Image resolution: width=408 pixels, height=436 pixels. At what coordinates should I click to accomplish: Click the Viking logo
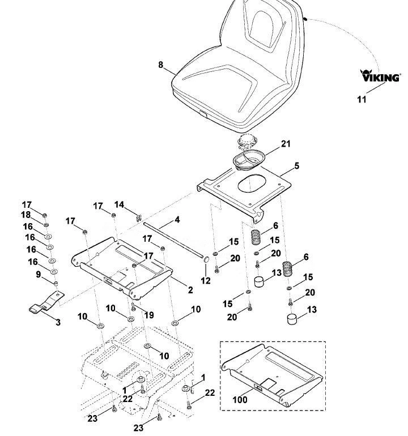click(380, 76)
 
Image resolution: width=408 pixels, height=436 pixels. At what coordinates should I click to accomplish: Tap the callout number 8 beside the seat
click(160, 65)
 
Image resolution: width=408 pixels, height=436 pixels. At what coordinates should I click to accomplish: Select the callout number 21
click(286, 144)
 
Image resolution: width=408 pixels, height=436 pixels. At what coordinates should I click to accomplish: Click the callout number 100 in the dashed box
click(240, 400)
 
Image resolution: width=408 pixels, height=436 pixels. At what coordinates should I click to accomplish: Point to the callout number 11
click(362, 99)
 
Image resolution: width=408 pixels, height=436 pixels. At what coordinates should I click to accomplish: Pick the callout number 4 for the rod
click(177, 220)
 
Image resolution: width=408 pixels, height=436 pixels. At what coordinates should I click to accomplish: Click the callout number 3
click(58, 322)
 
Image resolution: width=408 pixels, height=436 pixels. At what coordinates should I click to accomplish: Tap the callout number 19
click(149, 315)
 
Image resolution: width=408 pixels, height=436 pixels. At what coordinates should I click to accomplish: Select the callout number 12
click(206, 280)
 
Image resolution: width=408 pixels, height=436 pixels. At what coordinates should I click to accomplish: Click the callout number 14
click(119, 204)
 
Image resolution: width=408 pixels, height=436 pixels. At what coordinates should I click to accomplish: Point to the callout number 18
click(26, 215)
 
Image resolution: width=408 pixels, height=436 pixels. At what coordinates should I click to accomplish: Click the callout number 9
click(38, 275)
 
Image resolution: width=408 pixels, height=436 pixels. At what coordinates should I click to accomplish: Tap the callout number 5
click(297, 166)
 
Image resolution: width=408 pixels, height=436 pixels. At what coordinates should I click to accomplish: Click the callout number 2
click(190, 290)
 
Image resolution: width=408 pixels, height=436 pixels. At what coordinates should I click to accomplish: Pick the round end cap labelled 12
click(206, 260)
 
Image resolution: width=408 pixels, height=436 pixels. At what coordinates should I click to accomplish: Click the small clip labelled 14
click(139, 217)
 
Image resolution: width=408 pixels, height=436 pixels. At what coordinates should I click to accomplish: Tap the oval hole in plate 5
click(252, 183)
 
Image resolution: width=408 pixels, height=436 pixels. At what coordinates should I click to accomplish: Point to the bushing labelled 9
click(56, 284)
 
